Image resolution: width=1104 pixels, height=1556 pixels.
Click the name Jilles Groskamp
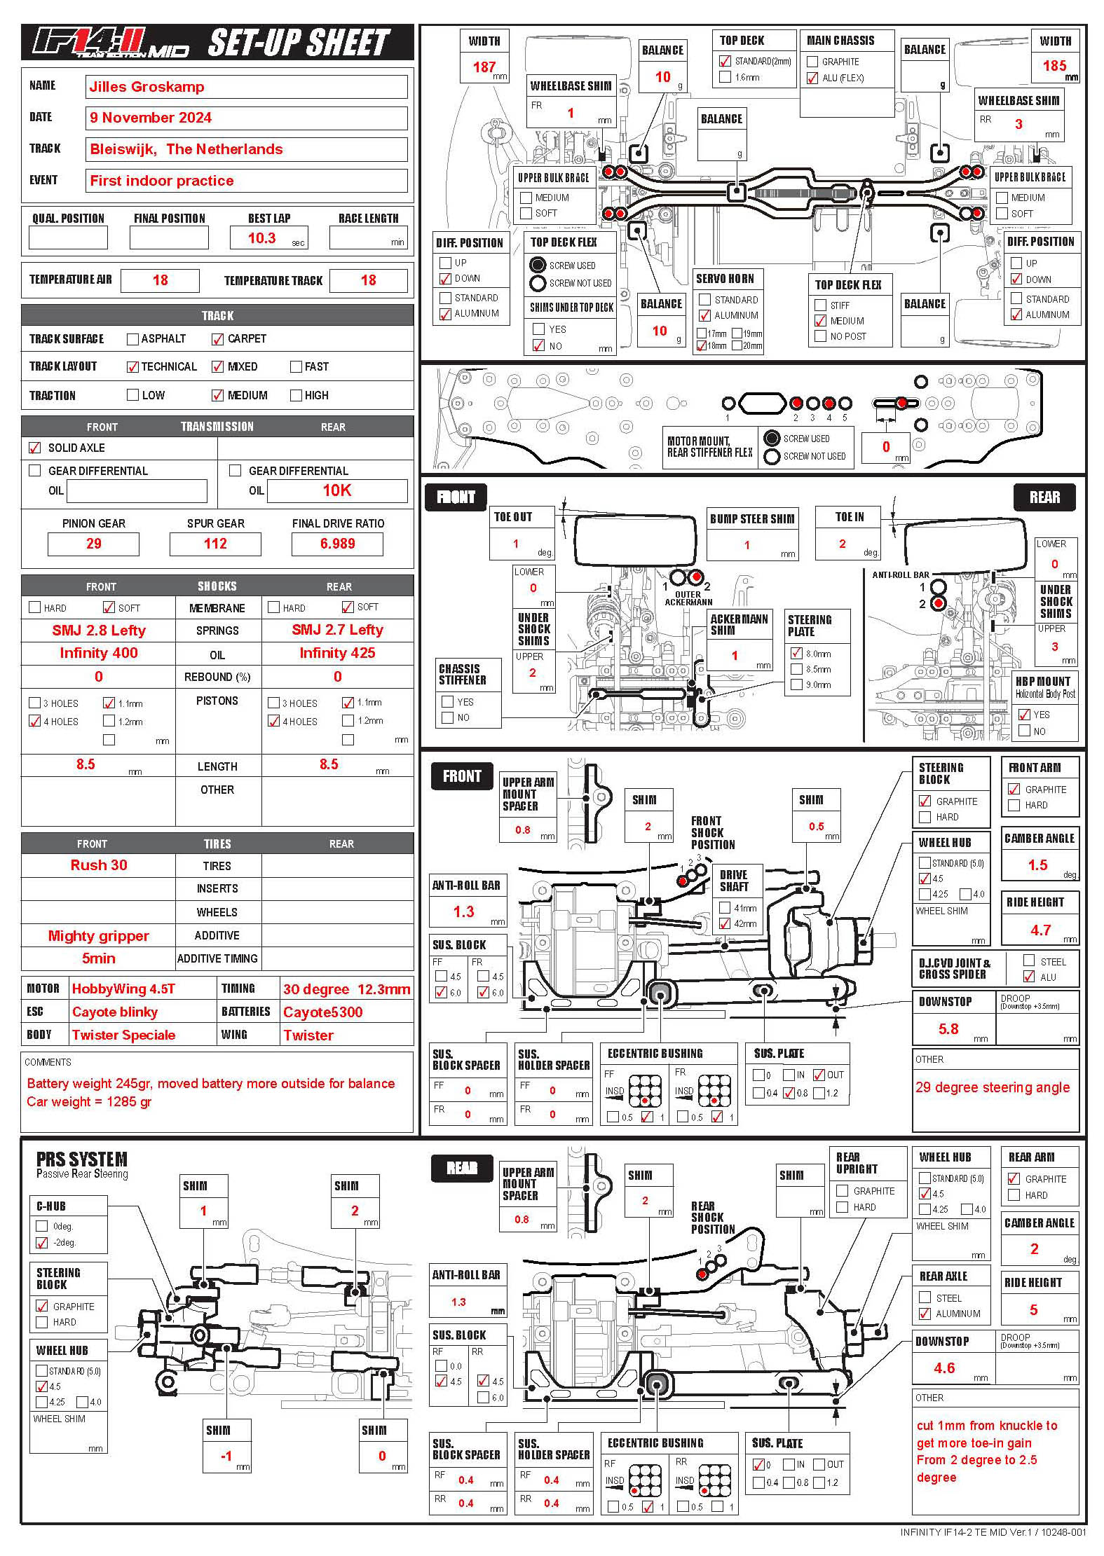(x=146, y=87)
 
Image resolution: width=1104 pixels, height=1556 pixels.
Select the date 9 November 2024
(x=150, y=118)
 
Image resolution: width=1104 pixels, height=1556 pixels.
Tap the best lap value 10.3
(x=261, y=238)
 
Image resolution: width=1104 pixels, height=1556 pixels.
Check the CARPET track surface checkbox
(x=217, y=339)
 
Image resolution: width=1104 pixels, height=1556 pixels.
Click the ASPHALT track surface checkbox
(x=132, y=339)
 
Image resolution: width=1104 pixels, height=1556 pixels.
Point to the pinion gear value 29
(x=93, y=544)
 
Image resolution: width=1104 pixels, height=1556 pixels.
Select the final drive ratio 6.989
(x=337, y=544)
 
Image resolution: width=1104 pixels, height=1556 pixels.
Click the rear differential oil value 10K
(x=336, y=490)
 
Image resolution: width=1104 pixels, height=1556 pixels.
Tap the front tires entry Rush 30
(x=99, y=865)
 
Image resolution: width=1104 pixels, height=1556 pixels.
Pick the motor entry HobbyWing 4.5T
(x=123, y=989)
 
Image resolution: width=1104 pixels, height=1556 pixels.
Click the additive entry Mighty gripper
(x=98, y=936)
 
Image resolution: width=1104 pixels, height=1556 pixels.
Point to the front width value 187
(x=484, y=67)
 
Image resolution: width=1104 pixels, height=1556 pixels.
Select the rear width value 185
(x=1054, y=66)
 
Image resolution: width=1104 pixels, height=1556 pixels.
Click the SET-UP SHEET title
(x=299, y=43)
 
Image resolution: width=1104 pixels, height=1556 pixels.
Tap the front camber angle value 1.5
(x=1037, y=865)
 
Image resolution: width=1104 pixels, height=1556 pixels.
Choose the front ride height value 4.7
(x=1040, y=930)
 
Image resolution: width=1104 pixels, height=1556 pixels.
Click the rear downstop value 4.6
(x=944, y=1368)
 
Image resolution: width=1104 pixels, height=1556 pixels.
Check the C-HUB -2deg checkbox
(x=42, y=1243)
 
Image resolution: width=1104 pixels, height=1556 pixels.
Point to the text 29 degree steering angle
(x=992, y=1087)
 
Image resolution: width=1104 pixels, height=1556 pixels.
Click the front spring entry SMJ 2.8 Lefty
(x=99, y=631)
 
